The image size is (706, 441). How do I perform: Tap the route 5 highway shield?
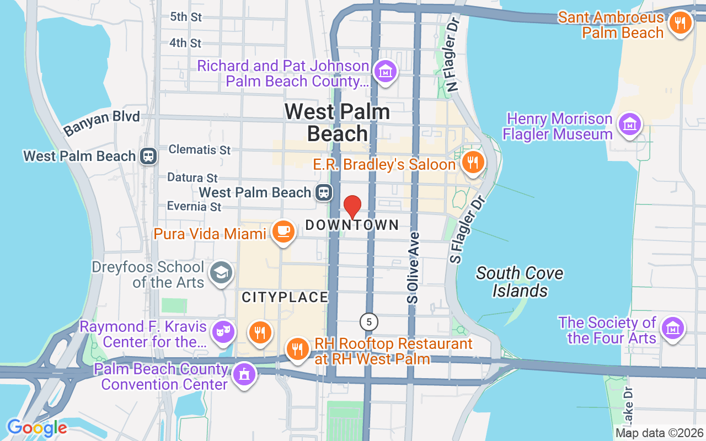369,321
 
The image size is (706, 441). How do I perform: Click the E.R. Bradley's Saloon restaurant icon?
472,163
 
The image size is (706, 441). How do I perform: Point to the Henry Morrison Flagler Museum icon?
630,125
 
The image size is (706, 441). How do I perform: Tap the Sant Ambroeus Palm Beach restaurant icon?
681,23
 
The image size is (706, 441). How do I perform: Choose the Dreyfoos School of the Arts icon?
221,273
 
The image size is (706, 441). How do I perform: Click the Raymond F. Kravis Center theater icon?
223,331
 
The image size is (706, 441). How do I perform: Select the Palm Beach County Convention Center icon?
243,374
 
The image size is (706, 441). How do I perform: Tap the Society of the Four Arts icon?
672,328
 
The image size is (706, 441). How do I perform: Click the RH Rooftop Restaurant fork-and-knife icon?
297,348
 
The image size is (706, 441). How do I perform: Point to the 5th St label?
186,17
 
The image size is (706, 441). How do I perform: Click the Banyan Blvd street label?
101,122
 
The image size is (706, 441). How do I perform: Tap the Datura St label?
192,178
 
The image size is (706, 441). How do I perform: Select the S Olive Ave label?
413,268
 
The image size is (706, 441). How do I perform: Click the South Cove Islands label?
520,282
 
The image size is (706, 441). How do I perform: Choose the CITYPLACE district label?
285,297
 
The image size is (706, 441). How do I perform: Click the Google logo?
37,428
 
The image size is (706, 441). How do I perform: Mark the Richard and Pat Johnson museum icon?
386,71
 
